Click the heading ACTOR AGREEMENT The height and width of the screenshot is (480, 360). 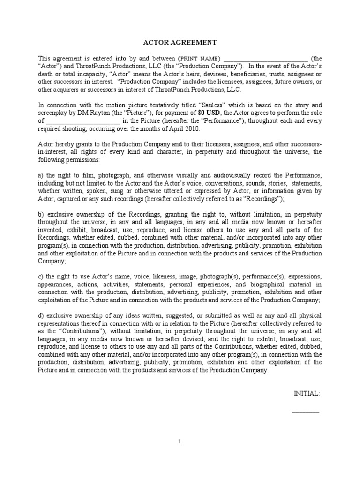[x=180, y=43]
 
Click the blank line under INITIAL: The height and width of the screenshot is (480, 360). [x=306, y=412]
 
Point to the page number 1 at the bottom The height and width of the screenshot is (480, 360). [x=180, y=441]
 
